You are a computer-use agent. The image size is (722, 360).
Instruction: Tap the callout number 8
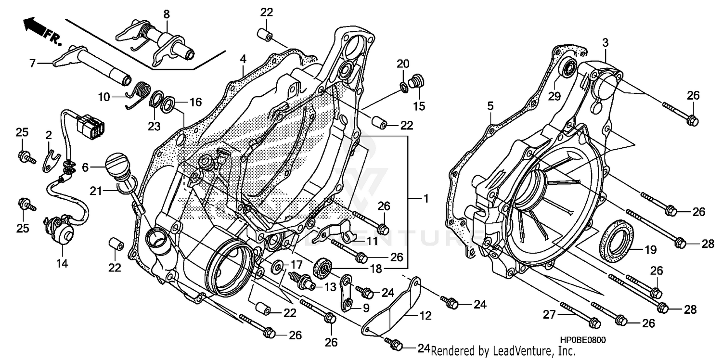167,14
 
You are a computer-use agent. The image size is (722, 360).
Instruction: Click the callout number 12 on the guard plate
425,316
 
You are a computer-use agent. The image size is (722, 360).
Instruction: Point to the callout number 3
606,43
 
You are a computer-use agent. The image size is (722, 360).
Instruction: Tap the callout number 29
554,96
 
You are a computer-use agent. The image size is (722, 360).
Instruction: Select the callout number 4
243,59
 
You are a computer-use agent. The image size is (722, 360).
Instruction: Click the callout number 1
425,198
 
